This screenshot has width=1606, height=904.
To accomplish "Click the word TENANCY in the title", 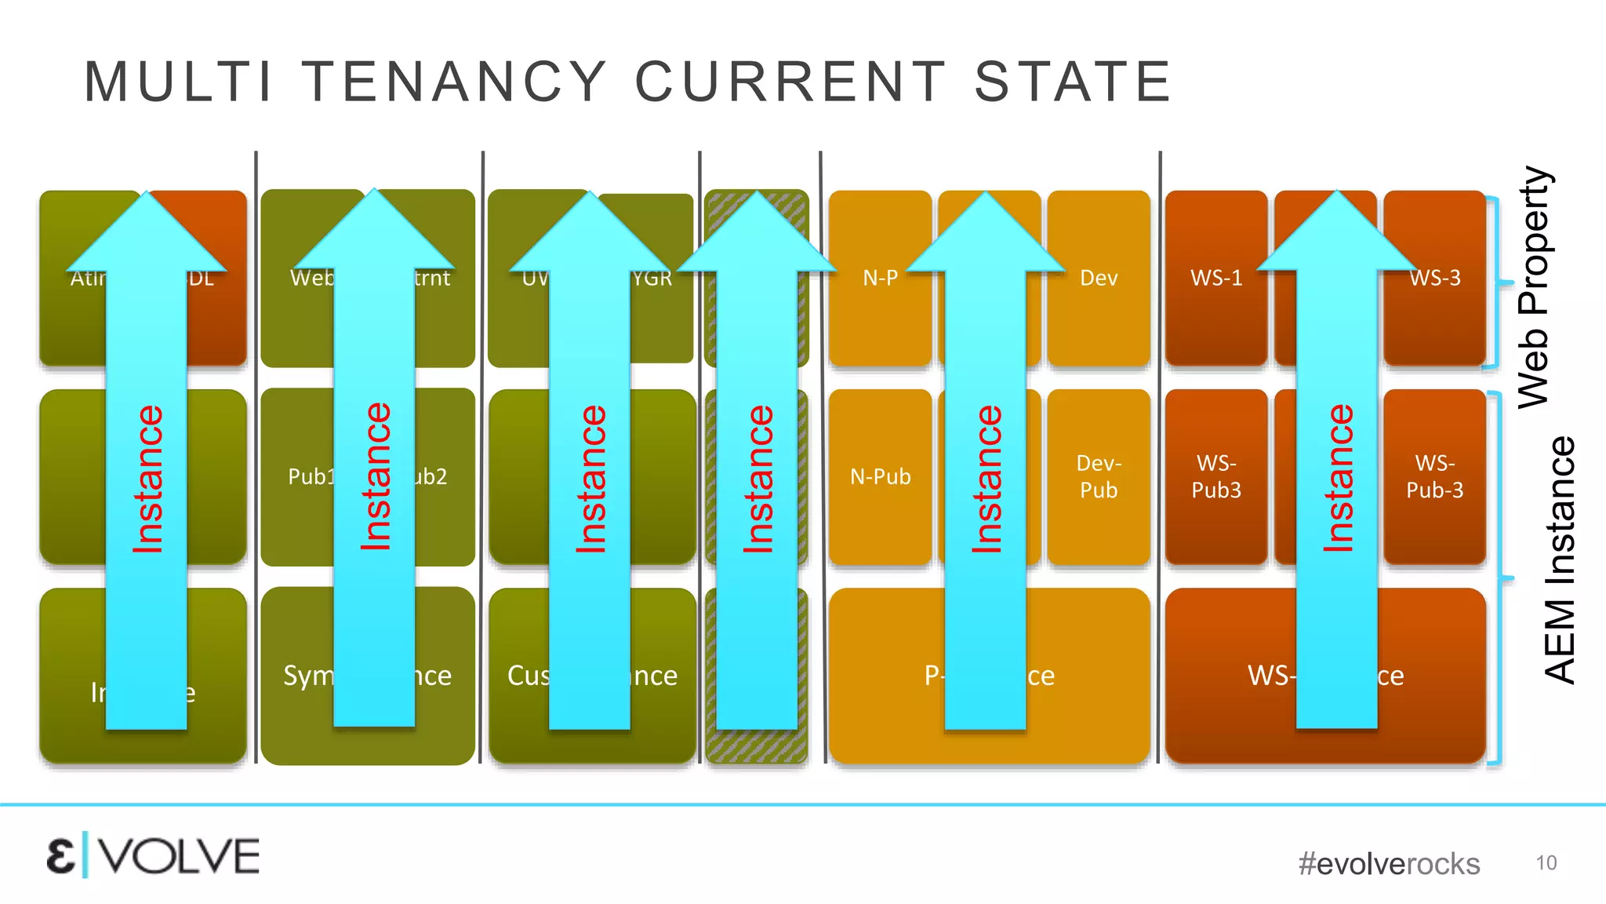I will point(455,82).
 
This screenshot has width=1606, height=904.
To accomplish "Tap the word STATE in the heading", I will point(1073,82).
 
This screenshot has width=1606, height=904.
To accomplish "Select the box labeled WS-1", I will point(1216,278).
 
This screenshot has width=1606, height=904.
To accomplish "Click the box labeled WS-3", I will point(1435,278).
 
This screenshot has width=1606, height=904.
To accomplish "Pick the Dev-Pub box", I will point(1099,476).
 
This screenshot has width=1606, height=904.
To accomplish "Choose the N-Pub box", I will point(881,476).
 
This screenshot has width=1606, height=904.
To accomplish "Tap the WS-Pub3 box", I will point(1216,476).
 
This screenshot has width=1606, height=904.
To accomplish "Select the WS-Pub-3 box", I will point(1435,476).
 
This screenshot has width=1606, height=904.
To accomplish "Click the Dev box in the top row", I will point(1099,278).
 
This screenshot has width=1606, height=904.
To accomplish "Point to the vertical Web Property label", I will point(1534,286).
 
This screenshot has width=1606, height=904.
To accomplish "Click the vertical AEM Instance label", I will point(1559,560).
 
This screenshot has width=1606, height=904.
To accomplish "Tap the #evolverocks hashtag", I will point(1389,864).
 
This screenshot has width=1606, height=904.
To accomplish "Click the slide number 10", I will point(1546,863).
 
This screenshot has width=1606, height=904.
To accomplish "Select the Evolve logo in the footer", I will point(153,856).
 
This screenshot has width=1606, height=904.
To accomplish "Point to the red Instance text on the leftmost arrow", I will point(147,479).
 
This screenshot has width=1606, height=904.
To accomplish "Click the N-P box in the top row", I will point(880,278).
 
